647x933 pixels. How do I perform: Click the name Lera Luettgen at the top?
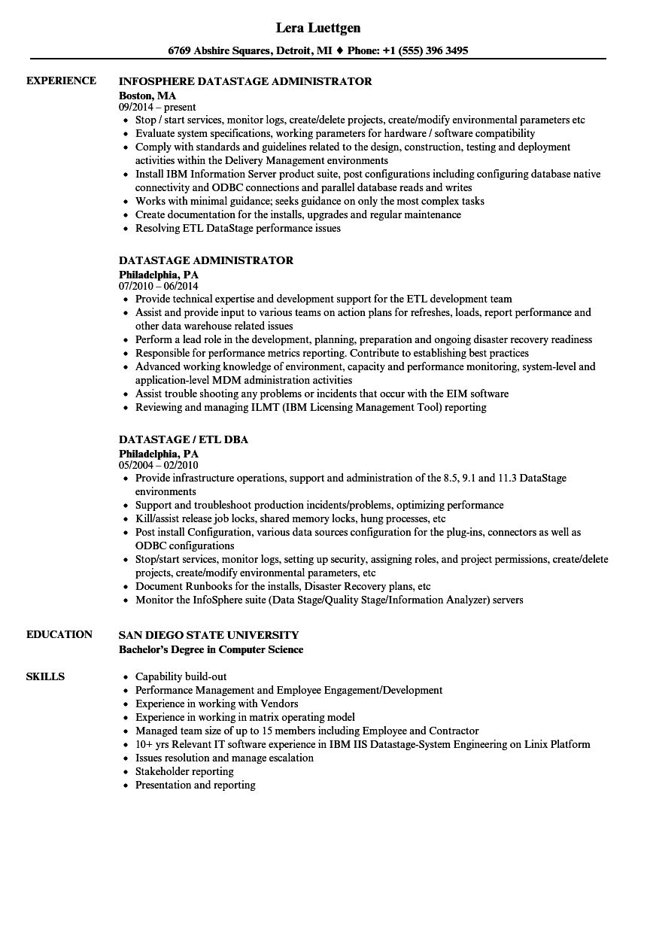click(x=318, y=28)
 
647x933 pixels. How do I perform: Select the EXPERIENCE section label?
click(x=61, y=81)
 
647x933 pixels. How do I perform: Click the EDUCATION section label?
click(x=59, y=634)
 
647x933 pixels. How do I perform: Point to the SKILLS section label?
click(x=45, y=676)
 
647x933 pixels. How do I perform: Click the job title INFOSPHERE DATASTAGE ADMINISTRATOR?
click(x=245, y=81)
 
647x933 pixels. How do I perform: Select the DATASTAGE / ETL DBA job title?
click(x=184, y=439)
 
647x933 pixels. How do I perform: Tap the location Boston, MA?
click(x=147, y=95)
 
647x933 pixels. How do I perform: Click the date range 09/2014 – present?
click(x=157, y=108)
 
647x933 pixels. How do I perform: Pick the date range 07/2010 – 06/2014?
click(x=159, y=287)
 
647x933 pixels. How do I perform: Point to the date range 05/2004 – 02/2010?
click(x=159, y=466)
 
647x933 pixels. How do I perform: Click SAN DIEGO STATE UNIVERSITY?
click(x=208, y=634)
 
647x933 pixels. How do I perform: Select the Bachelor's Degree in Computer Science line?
click(x=211, y=649)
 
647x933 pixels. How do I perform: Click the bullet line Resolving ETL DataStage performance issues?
click(x=238, y=228)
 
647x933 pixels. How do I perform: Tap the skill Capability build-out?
click(x=181, y=676)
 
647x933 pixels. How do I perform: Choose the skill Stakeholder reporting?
click(x=184, y=771)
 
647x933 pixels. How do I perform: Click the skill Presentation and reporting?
click(x=195, y=785)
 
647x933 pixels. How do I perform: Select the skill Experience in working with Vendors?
click(x=217, y=704)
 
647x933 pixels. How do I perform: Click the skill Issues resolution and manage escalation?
click(x=224, y=758)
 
